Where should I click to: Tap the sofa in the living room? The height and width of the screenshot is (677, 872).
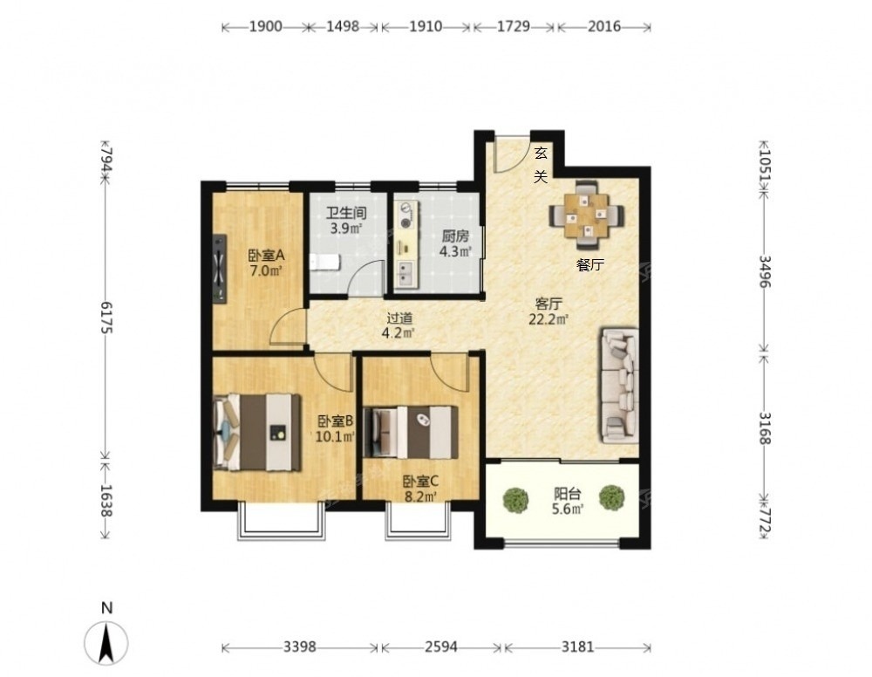[x=619, y=386]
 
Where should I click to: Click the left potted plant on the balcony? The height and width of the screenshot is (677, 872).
[x=515, y=500]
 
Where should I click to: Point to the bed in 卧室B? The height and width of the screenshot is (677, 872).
[x=257, y=432]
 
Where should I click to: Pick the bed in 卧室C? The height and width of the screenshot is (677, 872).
[x=411, y=432]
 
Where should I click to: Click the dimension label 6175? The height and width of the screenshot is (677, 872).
[x=106, y=318]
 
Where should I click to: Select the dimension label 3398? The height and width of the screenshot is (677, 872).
[x=300, y=646]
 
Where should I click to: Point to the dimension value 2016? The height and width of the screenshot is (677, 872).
[x=604, y=26]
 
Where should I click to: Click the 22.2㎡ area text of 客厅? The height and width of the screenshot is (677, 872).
[x=548, y=319]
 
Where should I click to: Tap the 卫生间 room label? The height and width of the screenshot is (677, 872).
[x=346, y=213]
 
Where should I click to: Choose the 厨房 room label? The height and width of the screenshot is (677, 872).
[x=455, y=236]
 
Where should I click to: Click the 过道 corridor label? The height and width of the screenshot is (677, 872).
[x=400, y=318]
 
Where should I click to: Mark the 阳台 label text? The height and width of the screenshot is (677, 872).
[x=568, y=493]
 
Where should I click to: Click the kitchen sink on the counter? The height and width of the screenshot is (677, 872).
[x=405, y=275]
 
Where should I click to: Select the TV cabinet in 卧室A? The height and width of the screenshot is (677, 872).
[x=220, y=269]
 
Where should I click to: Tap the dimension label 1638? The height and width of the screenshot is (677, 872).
[x=106, y=501]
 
